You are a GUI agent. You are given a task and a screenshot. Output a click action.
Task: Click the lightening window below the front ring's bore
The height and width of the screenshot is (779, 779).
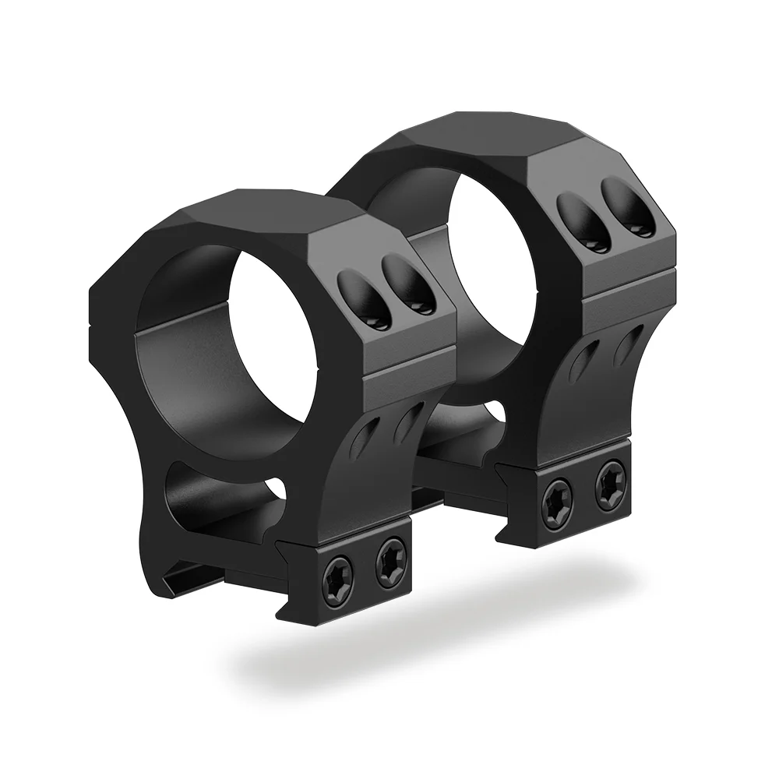(x=218, y=499)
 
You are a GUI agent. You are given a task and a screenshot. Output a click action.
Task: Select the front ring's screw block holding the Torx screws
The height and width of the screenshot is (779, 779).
(x=366, y=569)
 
